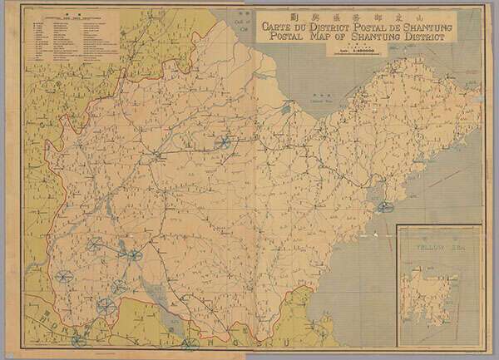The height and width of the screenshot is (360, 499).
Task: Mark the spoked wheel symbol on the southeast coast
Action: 383,205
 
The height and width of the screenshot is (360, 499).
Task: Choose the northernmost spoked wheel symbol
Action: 223,142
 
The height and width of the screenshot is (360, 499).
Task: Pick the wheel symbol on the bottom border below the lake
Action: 190,342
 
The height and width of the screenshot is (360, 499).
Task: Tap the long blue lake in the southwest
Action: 151,292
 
